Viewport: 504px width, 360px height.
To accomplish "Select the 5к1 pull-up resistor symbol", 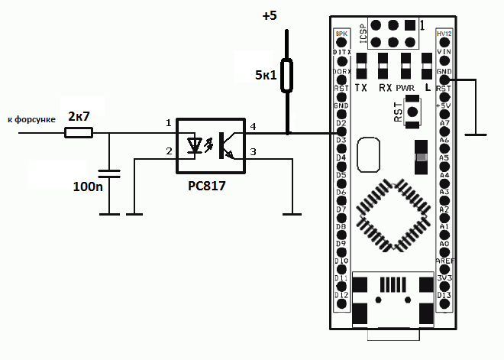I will tap(286, 75).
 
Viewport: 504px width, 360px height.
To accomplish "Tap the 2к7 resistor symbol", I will tap(78, 132).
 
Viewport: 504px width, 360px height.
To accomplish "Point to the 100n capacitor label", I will tap(88, 186).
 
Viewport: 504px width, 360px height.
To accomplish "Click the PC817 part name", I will tap(208, 186).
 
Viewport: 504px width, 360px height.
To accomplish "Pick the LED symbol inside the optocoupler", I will tap(198, 144).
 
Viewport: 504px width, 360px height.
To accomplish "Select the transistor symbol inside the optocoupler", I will tap(226, 144).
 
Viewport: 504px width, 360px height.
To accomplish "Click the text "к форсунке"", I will tap(30, 120).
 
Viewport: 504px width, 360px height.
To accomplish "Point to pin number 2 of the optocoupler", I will tap(168, 152).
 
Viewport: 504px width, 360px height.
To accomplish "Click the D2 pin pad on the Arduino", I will tap(341, 132).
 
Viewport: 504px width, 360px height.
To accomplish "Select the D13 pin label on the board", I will tap(445, 295).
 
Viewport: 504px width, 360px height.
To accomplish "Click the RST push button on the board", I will tap(414, 113).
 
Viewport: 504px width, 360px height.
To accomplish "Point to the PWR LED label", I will tap(405, 88).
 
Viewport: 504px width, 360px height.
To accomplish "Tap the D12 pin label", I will tap(341, 295).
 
